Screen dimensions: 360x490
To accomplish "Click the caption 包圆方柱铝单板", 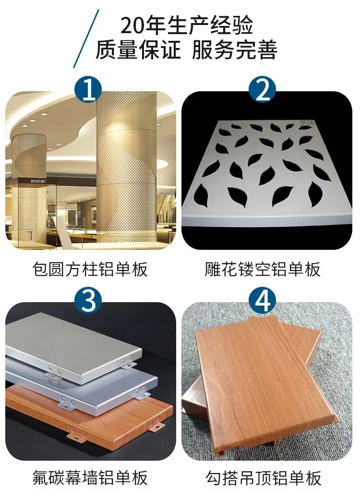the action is click(90, 269).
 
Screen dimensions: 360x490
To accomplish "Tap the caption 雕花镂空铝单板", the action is click(263, 269).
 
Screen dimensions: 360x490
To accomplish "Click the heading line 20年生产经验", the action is click(186, 25).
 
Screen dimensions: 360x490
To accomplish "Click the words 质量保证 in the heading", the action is click(138, 49).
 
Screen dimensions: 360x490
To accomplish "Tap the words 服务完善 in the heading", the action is click(235, 49).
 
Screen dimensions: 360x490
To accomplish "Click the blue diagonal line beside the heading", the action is click(86, 38).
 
